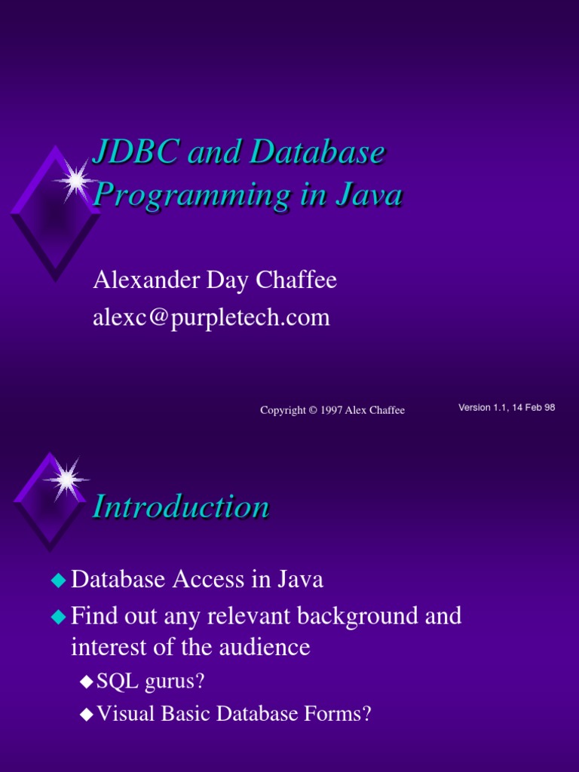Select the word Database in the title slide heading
click(317, 153)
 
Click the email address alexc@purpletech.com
click(211, 317)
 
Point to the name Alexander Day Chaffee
click(215, 280)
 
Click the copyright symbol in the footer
click(312, 410)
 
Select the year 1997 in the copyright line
click(331, 410)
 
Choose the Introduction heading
click(180, 507)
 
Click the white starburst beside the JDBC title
click(75, 180)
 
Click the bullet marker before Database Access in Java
click(58, 581)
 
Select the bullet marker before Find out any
click(58, 617)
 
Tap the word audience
click(263, 648)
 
